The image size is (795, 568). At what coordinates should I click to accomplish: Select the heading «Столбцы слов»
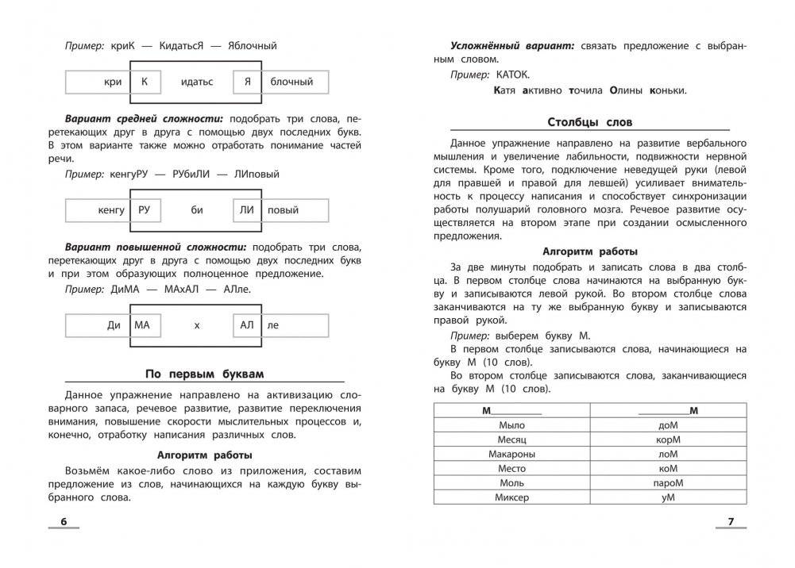pos(590,122)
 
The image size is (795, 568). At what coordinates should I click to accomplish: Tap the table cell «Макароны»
pos(511,454)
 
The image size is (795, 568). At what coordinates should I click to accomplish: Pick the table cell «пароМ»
pos(668,482)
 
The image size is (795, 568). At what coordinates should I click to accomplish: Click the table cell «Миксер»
pos(511,497)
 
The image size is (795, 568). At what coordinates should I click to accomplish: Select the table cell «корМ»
pos(668,439)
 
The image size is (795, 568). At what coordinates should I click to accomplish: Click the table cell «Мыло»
pos(511,424)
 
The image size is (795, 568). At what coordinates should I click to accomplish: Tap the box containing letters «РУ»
pos(145,210)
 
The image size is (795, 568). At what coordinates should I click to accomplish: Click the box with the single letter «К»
pos(145,82)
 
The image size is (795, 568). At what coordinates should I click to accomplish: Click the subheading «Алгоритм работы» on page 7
pos(589,251)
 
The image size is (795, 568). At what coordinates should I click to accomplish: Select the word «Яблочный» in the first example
pos(253,46)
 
